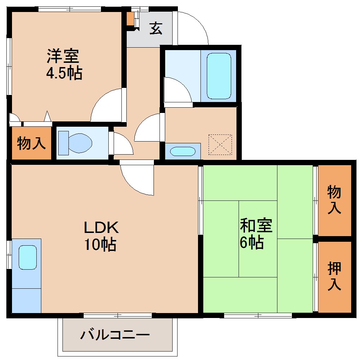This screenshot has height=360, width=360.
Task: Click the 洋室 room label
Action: coord(63,56)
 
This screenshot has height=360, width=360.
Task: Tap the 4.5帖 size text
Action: coord(64,73)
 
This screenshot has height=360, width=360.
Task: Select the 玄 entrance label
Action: coord(156,29)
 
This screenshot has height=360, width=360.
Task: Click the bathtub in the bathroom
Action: coord(218,76)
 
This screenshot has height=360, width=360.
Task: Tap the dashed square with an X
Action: coord(220,144)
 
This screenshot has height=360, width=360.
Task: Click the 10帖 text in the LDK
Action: coord(100,244)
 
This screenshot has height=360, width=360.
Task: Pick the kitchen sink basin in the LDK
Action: coord(28,257)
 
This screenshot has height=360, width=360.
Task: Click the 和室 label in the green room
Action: coord(256,226)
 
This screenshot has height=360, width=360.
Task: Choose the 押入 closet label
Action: coord(334,276)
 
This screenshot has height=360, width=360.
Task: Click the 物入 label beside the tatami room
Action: coord(334,199)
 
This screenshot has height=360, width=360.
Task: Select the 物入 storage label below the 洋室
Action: coord(31,143)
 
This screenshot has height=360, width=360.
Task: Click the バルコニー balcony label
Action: coord(115,334)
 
